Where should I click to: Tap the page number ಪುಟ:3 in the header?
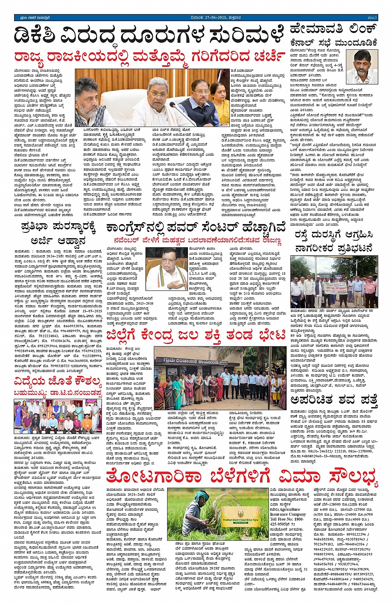[x=372, y=17]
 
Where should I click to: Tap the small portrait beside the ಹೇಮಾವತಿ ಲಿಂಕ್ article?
[x=362, y=67]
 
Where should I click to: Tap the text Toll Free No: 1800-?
[x=287, y=519]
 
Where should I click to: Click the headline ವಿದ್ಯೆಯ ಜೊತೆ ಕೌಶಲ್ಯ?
[x=58, y=381]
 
